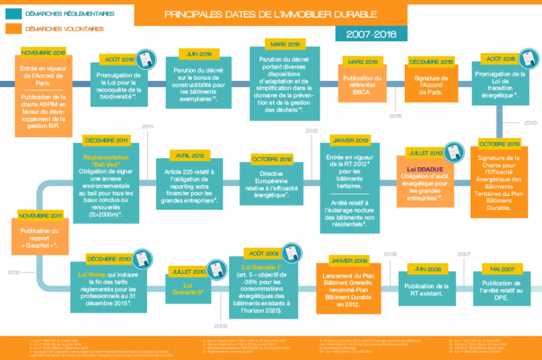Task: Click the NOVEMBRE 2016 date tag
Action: point(44,52)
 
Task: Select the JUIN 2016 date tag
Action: point(200,54)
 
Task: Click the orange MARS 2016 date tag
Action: point(362,61)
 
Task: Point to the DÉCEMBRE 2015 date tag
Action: point(431,61)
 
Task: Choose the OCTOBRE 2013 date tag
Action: point(499,144)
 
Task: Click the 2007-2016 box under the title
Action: point(370,34)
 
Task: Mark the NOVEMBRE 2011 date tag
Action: point(40,216)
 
